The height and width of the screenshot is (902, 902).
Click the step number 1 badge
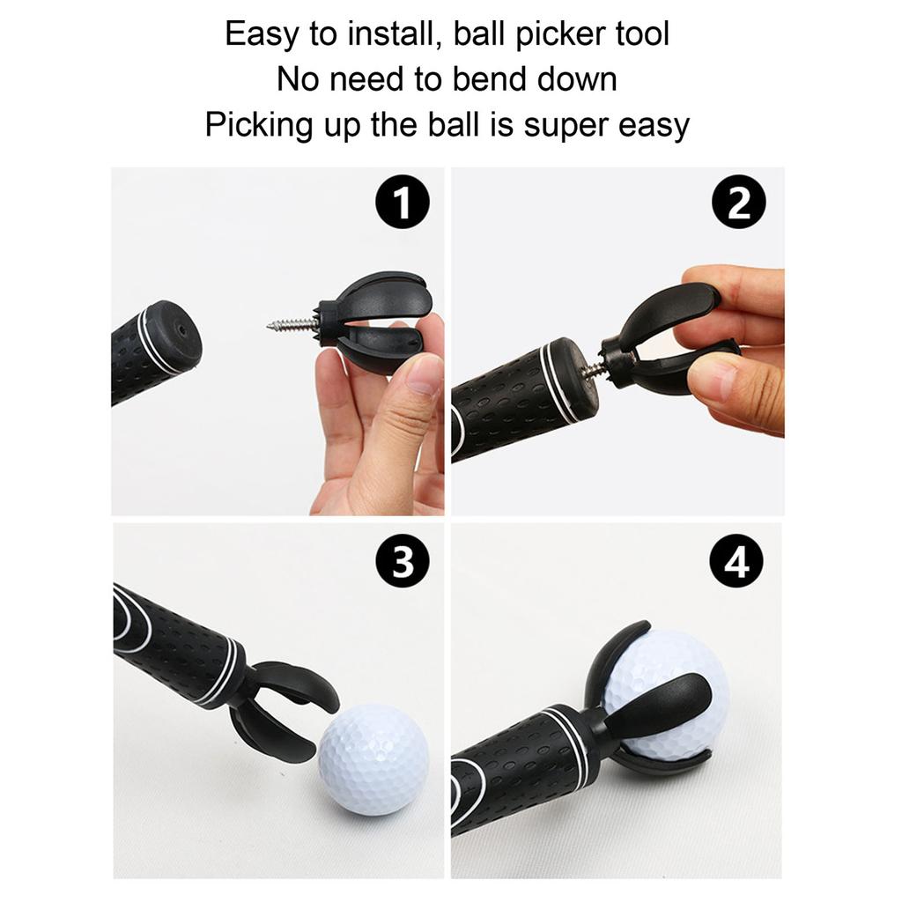pos(402,203)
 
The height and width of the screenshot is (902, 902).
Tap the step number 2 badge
pos(738,203)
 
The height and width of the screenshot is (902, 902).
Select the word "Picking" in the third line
pos(259,126)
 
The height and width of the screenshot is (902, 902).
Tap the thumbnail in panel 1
pos(425,375)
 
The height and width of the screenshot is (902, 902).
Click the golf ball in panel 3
pos(373,758)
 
